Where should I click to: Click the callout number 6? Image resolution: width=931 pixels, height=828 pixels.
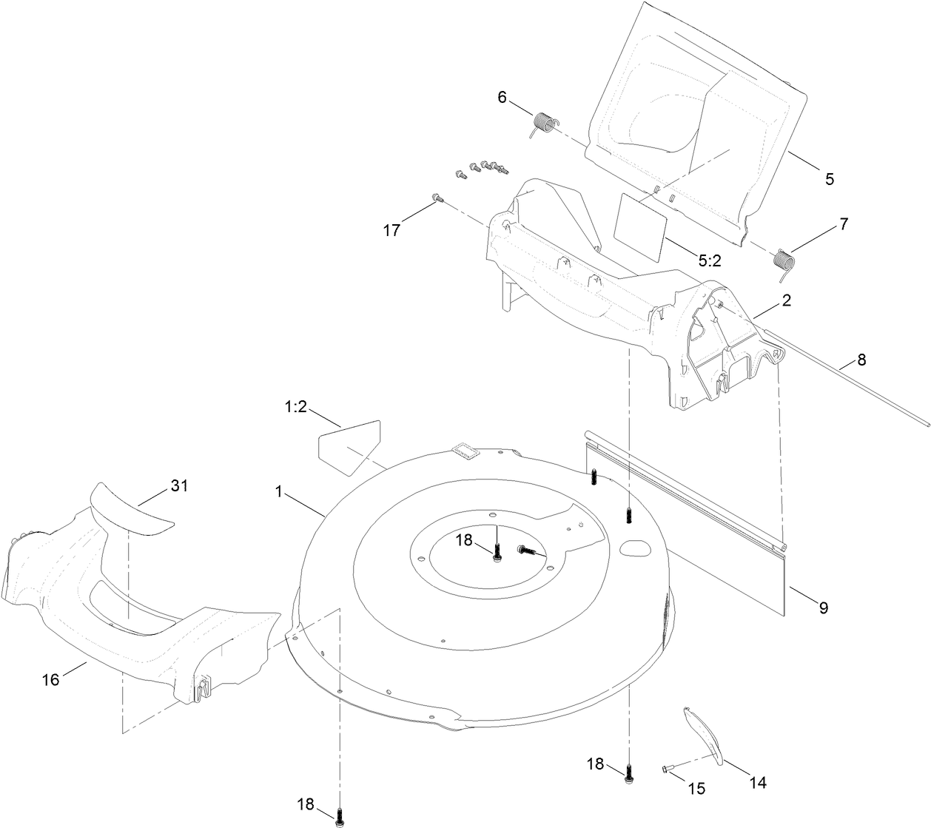[502, 97]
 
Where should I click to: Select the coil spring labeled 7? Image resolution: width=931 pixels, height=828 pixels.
[783, 262]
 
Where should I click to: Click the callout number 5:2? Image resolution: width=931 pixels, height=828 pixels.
[709, 260]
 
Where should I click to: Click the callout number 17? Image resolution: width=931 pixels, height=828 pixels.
[391, 230]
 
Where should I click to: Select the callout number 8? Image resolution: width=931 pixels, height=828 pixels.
[861, 360]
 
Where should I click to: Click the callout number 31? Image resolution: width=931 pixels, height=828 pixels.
[179, 485]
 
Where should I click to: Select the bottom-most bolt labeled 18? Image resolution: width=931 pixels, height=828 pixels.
[340, 817]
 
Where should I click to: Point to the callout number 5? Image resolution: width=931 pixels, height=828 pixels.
[829, 178]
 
